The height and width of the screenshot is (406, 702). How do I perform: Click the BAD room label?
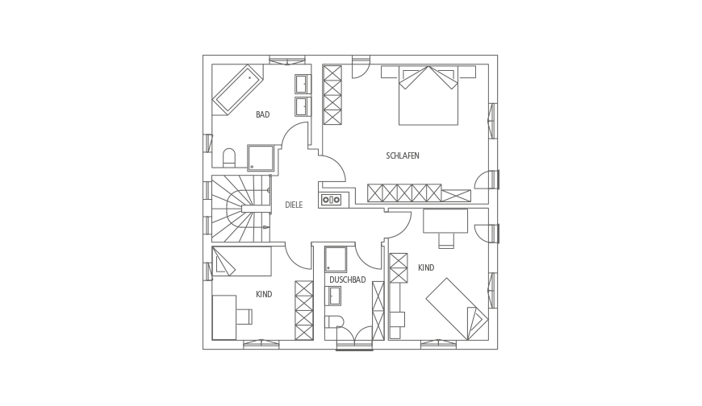coord(263,115)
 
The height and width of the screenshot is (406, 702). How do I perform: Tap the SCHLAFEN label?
coord(403,156)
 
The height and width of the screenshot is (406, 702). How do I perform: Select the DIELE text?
coord(294,205)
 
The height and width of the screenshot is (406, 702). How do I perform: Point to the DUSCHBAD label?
coord(348,280)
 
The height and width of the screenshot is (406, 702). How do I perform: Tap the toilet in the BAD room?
coord(229,157)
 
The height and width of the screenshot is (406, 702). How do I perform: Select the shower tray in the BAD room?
coord(261,158)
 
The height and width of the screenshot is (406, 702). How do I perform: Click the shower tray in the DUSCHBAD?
coord(336,259)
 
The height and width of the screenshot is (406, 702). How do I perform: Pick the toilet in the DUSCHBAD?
coord(334,322)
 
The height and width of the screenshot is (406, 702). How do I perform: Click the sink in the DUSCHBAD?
coord(333,296)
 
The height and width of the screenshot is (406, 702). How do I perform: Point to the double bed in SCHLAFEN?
coord(428,95)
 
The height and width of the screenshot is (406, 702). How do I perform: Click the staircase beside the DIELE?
coord(242,209)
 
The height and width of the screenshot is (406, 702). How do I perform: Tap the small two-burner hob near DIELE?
coord(331,200)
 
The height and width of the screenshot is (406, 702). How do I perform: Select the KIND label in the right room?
coord(426,267)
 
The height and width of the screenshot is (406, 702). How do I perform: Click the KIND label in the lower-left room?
coord(264,295)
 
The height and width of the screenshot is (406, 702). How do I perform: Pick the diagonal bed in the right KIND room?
coord(457,309)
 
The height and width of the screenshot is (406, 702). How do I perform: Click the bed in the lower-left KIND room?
coord(242,261)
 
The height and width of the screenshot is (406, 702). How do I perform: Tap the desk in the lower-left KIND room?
coord(224,317)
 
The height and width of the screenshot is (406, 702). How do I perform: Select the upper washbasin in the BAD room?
coord(303,84)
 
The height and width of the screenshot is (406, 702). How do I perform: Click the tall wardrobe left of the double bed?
coord(332,95)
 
